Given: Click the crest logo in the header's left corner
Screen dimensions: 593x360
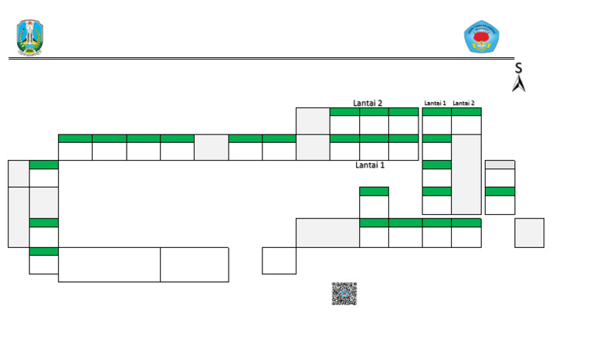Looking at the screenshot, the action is [30, 37].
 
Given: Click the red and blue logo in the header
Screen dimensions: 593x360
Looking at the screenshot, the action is [481, 37].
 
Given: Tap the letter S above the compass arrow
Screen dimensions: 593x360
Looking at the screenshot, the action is [518, 69].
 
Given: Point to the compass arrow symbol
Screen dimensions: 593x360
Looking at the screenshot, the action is [519, 83].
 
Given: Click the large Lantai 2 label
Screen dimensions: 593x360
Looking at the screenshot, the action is [368, 103].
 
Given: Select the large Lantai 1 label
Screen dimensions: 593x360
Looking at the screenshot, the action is [370, 165].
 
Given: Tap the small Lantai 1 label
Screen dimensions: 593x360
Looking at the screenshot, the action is [435, 103].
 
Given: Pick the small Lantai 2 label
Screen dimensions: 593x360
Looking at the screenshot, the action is [463, 103].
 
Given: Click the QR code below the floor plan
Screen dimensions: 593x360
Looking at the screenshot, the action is [344, 294].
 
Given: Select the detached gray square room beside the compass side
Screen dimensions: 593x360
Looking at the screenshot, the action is [529, 233].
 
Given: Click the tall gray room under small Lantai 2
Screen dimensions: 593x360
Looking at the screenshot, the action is [466, 174].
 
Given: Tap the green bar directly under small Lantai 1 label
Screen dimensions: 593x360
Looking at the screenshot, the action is [437, 112].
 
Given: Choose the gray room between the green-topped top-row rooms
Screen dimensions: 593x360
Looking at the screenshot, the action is [211, 147].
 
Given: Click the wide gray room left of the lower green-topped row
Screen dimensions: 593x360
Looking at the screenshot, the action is [327, 233].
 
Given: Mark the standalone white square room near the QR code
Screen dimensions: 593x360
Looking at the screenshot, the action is [279, 260].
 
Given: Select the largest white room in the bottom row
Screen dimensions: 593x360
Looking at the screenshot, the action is [109, 265].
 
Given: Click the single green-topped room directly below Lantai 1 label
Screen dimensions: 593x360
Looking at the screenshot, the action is [374, 202].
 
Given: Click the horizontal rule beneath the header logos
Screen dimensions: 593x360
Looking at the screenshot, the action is [255, 58].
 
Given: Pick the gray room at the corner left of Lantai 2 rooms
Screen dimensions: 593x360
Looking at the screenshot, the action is [313, 121].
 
